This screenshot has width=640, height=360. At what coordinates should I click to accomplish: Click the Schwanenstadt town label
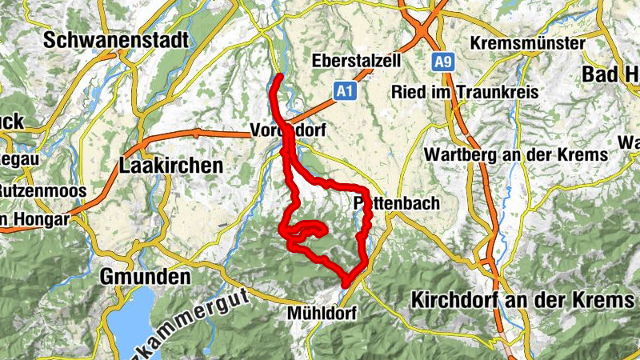tap(117, 39)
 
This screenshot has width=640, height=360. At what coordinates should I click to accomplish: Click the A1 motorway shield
tap(345, 92)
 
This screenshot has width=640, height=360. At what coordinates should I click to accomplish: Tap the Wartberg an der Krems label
tap(516, 154)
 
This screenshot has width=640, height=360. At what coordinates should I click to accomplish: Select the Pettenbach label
tap(397, 203)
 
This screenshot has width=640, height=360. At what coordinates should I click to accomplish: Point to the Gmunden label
tap(146, 277)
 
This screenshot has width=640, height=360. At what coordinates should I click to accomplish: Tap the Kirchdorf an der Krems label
tap(522, 300)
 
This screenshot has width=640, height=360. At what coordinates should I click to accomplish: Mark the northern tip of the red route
tap(279, 77)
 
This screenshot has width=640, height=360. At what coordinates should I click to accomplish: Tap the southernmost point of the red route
tap(346, 283)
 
